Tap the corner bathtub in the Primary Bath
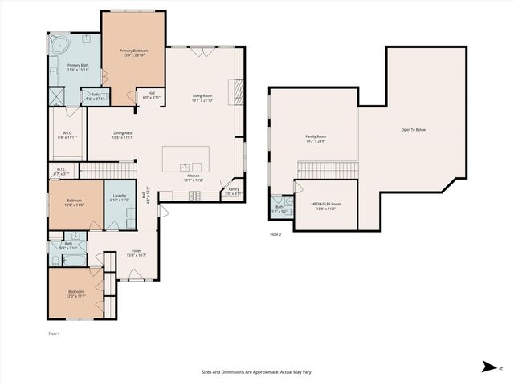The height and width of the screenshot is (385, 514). point(59,43)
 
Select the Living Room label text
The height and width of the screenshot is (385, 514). point(202,98)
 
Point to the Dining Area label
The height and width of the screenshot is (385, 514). point(122,135)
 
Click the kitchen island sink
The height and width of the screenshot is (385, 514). point(184,168)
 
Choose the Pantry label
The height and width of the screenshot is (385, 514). point(233,191)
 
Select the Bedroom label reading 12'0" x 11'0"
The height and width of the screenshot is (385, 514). point(74,203)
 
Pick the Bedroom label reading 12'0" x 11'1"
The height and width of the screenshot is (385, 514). point(75,294)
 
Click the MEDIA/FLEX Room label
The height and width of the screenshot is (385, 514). point(325,205)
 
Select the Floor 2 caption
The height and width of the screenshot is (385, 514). point(275,234)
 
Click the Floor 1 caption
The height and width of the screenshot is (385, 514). point(54,333)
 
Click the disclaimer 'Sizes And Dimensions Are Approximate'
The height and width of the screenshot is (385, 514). point(257,372)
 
